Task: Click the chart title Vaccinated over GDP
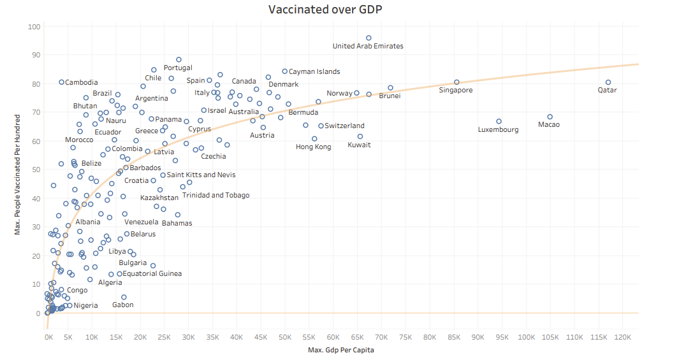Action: tap(325, 10)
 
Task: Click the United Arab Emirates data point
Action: tap(369, 38)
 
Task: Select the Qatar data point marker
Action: tap(608, 82)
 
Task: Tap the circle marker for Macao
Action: tap(550, 117)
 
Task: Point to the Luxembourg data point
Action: tap(499, 122)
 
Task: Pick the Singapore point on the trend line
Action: tap(456, 82)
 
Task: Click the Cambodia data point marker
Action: tap(61, 82)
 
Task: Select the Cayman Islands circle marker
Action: tap(284, 71)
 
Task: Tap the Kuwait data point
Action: tap(360, 137)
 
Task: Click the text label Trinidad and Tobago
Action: tap(215, 195)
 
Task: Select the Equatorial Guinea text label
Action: tap(152, 273)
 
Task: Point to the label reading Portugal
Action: tap(178, 68)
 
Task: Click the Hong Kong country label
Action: tap(314, 147)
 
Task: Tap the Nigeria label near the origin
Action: tap(85, 305)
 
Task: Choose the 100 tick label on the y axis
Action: tap(34, 27)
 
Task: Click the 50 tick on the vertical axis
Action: tap(36, 169)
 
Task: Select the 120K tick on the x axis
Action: tap(623, 337)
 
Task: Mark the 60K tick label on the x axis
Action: tap(333, 337)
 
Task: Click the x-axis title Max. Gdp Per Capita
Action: tap(341, 350)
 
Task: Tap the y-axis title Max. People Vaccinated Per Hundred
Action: tap(17, 175)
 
